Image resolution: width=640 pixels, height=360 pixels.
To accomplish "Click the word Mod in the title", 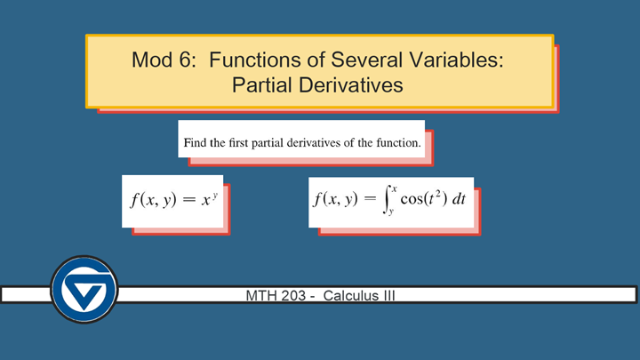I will (151, 60).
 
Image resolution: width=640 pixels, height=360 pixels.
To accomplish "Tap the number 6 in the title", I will (185, 60).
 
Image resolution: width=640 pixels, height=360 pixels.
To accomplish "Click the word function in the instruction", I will (396, 141).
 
